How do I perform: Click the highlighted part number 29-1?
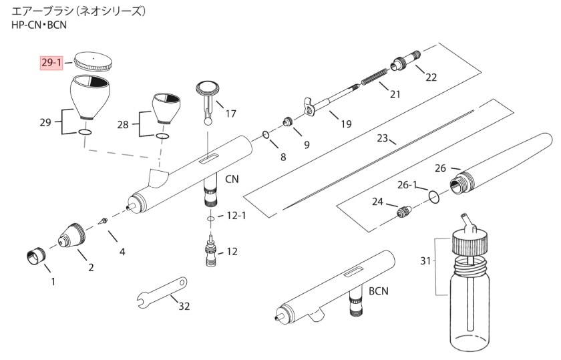tap(51, 63)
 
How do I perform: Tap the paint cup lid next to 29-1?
tap(92, 61)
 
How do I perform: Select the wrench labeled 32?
tap(162, 292)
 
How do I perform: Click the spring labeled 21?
tap(374, 76)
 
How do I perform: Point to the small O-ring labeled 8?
tap(266, 135)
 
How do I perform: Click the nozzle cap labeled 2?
tap(72, 236)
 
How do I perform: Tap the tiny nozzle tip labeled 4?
tap(103, 221)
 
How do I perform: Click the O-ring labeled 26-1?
tap(434, 196)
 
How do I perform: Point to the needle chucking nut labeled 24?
tap(404, 212)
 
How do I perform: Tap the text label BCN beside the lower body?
tap(378, 291)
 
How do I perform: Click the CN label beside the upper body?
tap(232, 178)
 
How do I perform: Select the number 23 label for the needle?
tap(382, 138)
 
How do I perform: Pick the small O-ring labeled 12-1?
tap(210, 218)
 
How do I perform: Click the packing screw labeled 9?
tap(287, 122)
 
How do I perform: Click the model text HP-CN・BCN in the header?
tap(39, 25)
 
